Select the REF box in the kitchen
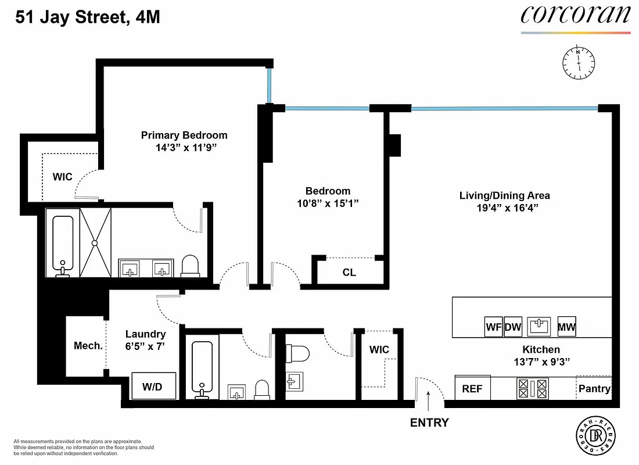pos(472,389)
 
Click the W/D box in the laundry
pos(154,386)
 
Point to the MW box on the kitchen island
pos(566,327)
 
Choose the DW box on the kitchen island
pos(513,327)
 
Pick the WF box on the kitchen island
pos(494,327)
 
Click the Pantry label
pos(594,388)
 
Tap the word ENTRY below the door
pos(429,423)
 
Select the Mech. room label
pos(88,346)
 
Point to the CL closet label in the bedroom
pos(349,272)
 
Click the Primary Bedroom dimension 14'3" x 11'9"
pos(184,148)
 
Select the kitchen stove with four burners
pos(533,388)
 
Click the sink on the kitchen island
pos(539,327)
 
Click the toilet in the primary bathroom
pos(190,266)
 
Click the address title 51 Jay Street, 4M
pos(88,17)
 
